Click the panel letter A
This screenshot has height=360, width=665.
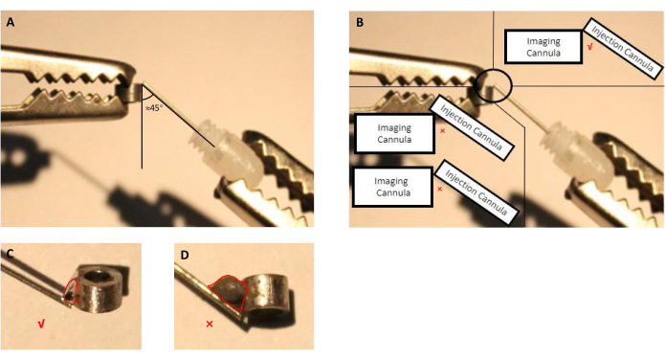[x=11, y=23]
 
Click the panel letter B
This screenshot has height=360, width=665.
[x=360, y=23]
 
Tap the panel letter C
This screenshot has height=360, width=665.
[x=11, y=254]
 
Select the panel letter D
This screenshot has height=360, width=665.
[x=185, y=255]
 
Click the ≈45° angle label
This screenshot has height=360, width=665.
[x=154, y=108]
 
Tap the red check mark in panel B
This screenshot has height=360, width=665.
[x=589, y=47]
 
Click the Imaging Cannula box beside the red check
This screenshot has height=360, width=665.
[x=543, y=47]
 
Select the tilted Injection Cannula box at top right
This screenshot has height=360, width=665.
[x=623, y=48]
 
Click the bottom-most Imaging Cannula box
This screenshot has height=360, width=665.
[x=393, y=187]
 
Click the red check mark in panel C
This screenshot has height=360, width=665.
[x=41, y=325]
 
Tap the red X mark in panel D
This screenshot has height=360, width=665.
[x=210, y=324]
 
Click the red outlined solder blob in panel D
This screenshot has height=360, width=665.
[x=229, y=292]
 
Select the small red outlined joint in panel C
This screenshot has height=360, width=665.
[x=71, y=291]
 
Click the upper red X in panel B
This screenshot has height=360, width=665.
[x=443, y=131]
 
